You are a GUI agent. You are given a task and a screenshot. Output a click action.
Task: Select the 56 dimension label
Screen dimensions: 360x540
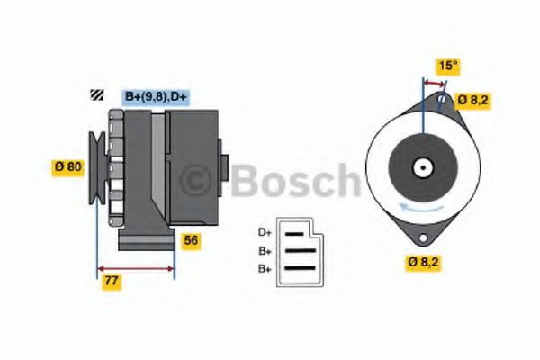pos(191,240)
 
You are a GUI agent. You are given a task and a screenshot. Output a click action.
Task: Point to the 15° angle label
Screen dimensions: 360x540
pos(447,66)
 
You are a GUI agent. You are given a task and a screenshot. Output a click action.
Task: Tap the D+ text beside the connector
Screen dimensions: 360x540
pos(265,232)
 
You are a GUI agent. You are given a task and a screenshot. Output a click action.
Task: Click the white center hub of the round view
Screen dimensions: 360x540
pos(421,167)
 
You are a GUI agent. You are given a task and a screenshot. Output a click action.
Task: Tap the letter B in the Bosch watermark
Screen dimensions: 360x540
pos(246,179)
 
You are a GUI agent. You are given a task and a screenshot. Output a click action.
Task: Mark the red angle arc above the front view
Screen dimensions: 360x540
pos(435,82)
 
